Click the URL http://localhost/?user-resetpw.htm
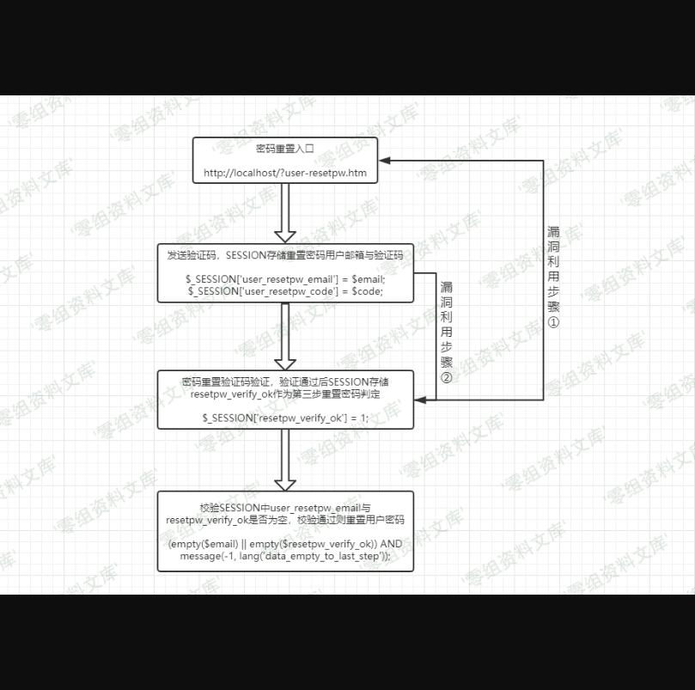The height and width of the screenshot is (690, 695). [x=285, y=173]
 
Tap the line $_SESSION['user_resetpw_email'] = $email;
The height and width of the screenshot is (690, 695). [x=286, y=278]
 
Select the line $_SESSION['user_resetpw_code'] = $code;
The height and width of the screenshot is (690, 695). [x=286, y=291]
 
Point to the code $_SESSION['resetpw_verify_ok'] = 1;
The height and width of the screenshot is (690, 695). [x=285, y=418]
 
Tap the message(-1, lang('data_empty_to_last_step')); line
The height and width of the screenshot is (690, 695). [x=285, y=556]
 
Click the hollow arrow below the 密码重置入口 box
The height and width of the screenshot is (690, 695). [x=285, y=214]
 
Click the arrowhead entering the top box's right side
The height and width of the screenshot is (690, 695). [x=384, y=161]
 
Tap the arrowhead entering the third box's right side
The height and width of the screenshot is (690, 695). [x=420, y=400]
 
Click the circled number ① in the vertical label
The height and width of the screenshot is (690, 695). [x=553, y=322]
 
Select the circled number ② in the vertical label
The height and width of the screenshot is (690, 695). [x=447, y=378]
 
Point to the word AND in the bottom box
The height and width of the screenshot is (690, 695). [x=391, y=544]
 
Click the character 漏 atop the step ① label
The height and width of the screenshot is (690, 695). [x=553, y=232]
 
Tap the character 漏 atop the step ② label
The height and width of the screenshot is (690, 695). [x=447, y=288]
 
